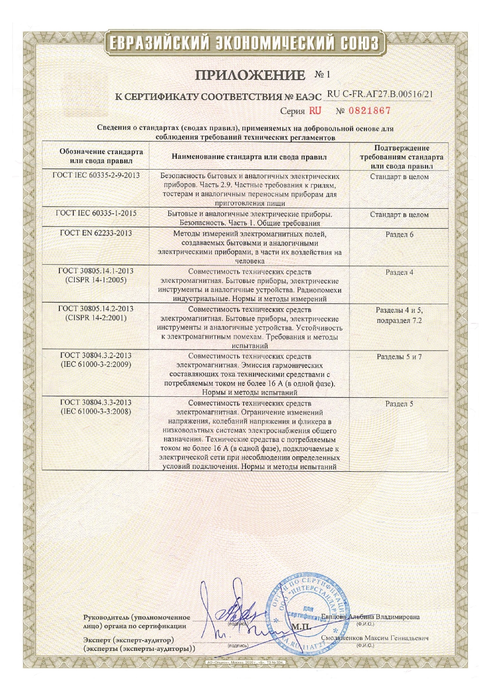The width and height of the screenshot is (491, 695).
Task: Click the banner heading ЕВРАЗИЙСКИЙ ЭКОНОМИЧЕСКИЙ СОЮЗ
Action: click(x=244, y=43)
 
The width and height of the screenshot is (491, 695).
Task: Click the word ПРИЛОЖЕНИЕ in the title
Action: click(x=250, y=75)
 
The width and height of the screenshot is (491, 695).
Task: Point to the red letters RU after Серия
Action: click(x=315, y=111)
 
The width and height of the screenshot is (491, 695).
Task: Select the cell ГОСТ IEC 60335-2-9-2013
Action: click(x=96, y=176)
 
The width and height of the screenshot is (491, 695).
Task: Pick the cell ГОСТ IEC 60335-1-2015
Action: click(x=96, y=213)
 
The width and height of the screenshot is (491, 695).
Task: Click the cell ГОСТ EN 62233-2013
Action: click(x=96, y=233)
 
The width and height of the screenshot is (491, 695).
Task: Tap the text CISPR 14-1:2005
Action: click(x=96, y=280)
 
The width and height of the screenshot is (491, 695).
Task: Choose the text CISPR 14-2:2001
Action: click(x=96, y=318)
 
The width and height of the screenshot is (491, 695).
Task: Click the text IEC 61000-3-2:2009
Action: click(x=96, y=364)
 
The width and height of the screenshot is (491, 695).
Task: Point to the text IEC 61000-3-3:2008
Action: click(x=96, y=411)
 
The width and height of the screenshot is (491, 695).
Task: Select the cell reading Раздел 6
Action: click(x=399, y=235)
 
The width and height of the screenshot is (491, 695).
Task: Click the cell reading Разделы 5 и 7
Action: click(x=399, y=357)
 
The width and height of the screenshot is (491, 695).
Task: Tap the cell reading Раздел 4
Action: click(x=399, y=272)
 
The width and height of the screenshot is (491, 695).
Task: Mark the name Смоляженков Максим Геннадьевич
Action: click(x=375, y=638)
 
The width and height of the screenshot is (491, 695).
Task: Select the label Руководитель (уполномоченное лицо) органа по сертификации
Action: click(x=136, y=622)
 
